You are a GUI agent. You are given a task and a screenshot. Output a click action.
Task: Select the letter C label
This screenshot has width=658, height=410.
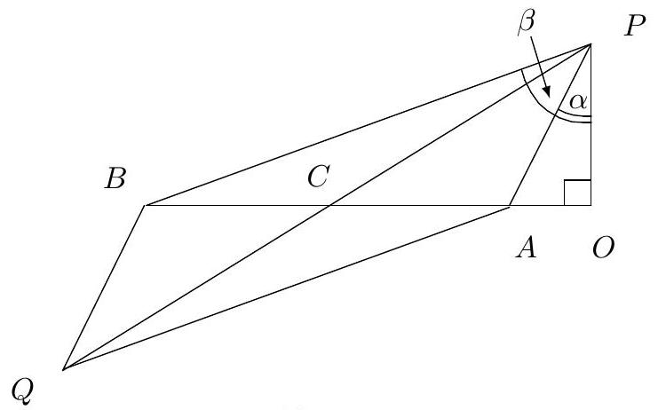(x=317, y=177)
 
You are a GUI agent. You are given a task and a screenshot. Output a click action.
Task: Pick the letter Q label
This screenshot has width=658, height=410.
(x=24, y=388)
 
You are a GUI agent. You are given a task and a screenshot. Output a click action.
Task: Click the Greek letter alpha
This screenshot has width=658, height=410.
(x=577, y=102)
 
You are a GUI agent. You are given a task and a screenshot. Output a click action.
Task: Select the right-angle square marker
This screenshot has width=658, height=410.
(x=578, y=193)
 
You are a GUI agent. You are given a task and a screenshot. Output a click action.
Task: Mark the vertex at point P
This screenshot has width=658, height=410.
(x=591, y=44)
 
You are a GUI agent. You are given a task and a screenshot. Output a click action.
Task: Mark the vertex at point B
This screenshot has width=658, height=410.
(x=145, y=206)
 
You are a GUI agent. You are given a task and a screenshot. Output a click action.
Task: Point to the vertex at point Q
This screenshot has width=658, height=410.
(x=64, y=368)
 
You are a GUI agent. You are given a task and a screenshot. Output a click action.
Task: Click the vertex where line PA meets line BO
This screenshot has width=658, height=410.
(x=510, y=206)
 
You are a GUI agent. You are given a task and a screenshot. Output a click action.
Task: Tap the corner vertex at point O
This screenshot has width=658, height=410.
(x=591, y=206)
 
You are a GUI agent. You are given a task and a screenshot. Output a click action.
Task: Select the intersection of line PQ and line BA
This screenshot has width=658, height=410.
(x=329, y=206)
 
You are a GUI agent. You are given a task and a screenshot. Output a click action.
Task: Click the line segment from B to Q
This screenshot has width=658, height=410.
(x=104, y=288)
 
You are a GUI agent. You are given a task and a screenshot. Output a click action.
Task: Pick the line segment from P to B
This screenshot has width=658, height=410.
(x=368, y=125)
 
